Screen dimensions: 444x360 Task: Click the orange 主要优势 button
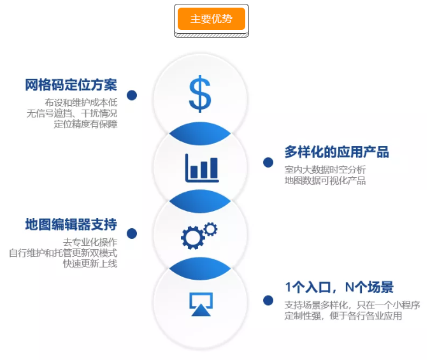click(211, 18)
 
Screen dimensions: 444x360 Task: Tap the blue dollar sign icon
click(200, 94)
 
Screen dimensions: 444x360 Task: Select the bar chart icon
click(202, 168)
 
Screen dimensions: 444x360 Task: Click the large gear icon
click(193, 238)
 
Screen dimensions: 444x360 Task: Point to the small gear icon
click(210, 229)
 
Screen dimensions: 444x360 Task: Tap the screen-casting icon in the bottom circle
click(201, 304)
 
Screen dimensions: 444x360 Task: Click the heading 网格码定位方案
click(71, 85)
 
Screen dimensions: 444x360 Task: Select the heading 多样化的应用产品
click(337, 152)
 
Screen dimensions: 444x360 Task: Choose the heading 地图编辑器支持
click(71, 224)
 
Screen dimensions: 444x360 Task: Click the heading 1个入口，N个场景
click(340, 287)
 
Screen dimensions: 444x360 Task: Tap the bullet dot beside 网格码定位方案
click(132, 95)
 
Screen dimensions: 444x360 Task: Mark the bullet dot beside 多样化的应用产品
click(268, 162)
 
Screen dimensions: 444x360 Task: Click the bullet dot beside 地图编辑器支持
click(132, 234)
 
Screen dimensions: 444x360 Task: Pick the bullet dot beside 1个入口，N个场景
click(268, 301)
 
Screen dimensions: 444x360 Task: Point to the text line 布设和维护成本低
click(81, 103)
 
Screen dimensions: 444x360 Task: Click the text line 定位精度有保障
click(85, 124)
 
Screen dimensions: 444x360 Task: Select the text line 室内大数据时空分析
click(325, 169)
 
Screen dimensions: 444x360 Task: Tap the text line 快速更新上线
click(90, 264)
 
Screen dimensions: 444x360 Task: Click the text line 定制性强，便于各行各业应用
click(343, 315)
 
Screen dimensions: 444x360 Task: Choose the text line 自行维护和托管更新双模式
click(63, 253)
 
